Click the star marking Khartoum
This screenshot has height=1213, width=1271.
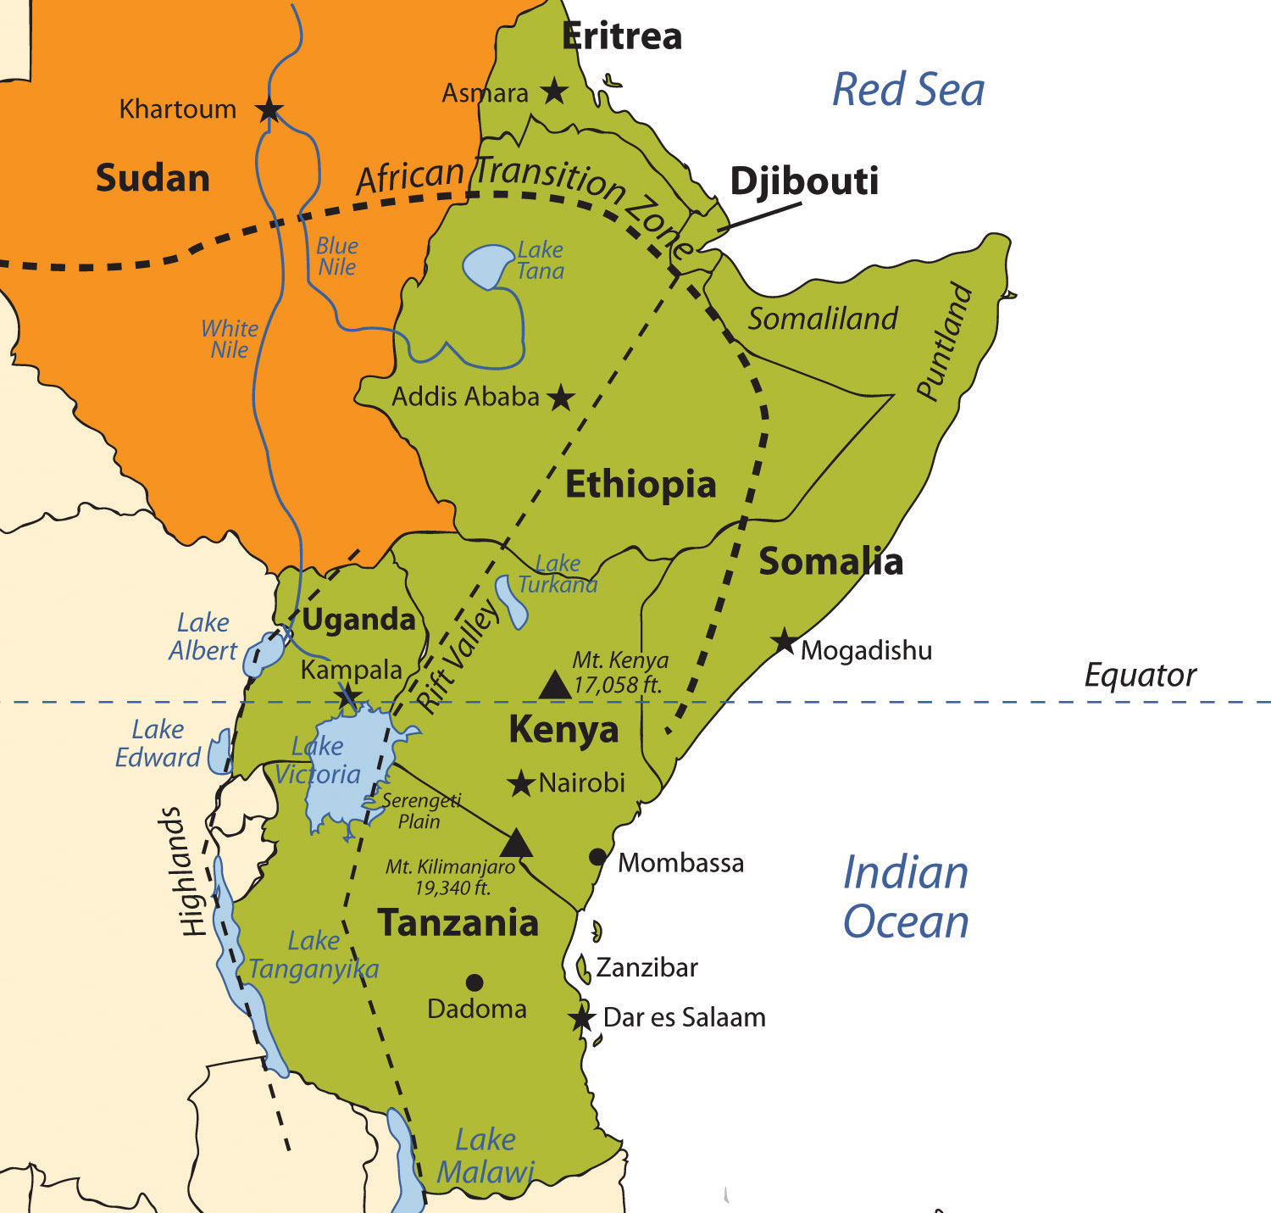pos(269,109)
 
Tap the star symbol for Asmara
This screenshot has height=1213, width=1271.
pos(554,91)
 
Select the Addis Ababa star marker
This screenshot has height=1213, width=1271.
pos(560,397)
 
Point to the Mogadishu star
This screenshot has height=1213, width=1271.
pos(785,643)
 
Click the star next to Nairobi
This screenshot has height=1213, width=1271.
pos(520,783)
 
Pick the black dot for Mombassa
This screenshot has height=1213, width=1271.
pos(597,857)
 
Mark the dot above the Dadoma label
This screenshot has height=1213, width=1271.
pos(475,982)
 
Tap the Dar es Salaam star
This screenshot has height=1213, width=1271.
pos(582,1018)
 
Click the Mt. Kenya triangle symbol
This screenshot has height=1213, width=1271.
pos(555,685)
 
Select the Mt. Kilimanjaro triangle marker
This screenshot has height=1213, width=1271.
pos(516,844)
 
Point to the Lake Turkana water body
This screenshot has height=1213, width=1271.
pos(511,601)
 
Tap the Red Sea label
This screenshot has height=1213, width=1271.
pos(908,90)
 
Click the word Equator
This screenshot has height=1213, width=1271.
pos(1140,676)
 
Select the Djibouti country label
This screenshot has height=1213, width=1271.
pos(804,181)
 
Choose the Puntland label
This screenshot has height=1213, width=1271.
pos(944,341)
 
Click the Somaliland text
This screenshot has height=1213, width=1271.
pos(822,319)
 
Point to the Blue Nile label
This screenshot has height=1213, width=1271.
pos(337,256)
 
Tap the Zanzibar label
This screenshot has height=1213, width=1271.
pos(647,967)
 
